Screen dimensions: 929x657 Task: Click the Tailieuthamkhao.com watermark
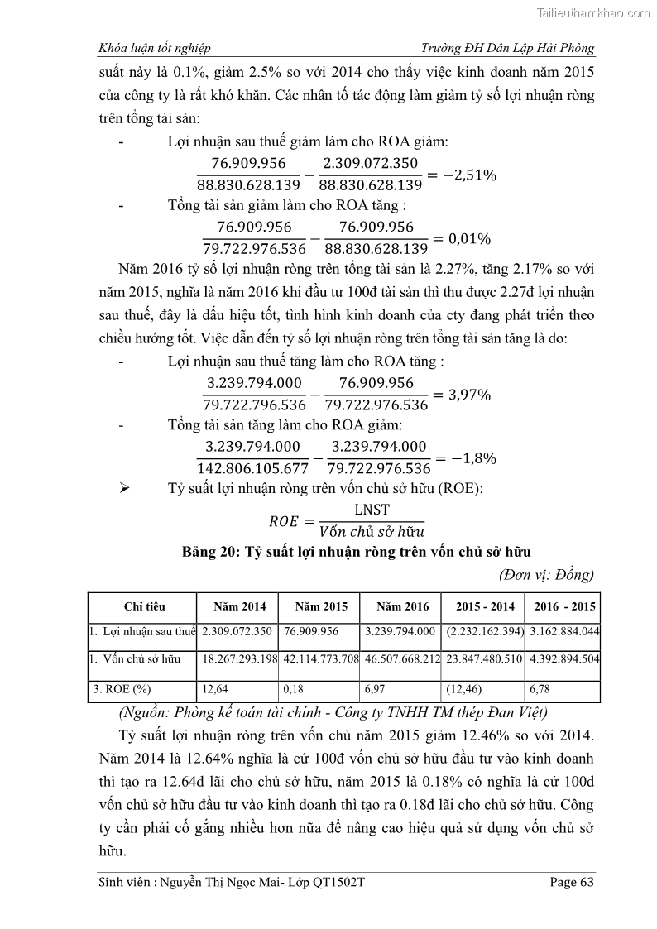(593, 12)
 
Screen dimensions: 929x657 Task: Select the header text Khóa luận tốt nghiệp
(154, 48)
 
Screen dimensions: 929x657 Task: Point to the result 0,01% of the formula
(468, 238)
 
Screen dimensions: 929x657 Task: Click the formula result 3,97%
(468, 395)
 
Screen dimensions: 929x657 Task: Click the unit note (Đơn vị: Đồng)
(546, 574)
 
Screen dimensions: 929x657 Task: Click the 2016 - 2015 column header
(563, 606)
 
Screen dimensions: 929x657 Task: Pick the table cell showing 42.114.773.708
(320, 659)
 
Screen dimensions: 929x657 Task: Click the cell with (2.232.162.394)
(484, 631)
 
